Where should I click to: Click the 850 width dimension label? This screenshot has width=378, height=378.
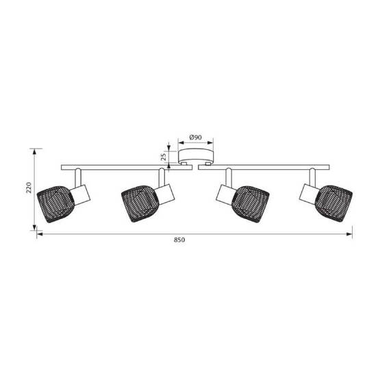[179, 240]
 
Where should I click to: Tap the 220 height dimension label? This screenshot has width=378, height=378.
[29, 188]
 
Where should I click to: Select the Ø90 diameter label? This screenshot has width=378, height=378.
[196, 138]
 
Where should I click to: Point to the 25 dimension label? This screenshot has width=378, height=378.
[164, 157]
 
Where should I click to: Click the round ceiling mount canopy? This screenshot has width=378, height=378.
[196, 156]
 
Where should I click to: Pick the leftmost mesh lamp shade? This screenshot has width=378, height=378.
[55, 204]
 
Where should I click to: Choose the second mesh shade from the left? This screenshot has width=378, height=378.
[140, 204]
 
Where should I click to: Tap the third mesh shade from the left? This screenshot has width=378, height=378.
[250, 205]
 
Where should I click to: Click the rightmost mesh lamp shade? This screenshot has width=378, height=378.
[333, 204]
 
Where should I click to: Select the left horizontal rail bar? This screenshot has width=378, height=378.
[127, 168]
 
